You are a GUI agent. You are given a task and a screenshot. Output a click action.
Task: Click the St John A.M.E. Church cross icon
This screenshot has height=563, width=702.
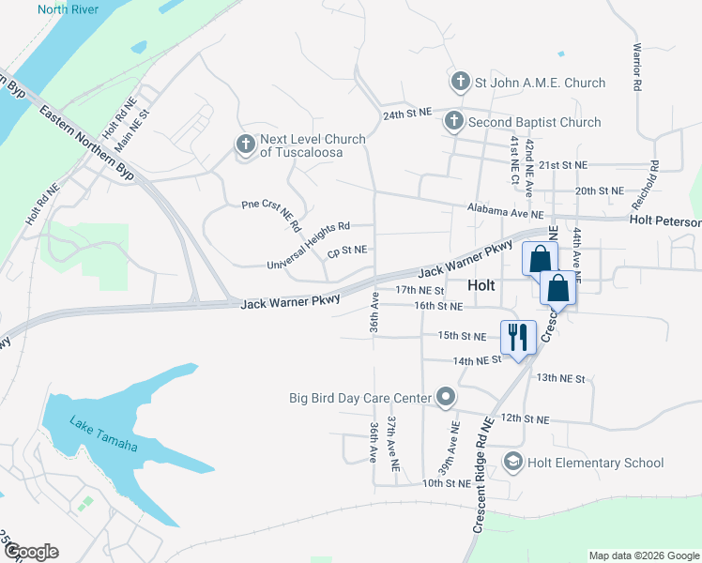coord(460,83)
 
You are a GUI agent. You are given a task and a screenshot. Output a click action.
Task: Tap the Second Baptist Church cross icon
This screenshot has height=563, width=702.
coord(453,121)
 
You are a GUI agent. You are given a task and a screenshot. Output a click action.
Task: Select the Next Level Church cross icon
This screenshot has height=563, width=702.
coord(245,145)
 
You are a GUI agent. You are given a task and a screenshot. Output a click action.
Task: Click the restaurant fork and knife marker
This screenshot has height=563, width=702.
coord(519,336)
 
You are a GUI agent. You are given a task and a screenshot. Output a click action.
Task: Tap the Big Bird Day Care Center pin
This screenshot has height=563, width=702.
coord(445,398)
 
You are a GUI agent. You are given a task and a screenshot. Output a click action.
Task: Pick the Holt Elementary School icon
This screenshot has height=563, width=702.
coord(512,462)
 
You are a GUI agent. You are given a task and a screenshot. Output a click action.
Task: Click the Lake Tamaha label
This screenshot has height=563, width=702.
coord(103,434)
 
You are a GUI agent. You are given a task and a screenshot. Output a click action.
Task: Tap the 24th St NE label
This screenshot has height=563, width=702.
coord(406,112)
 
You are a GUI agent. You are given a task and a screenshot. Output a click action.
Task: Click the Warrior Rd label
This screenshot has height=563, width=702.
coord(636,66)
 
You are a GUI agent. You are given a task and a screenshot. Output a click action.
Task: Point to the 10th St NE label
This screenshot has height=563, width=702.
coord(446,483)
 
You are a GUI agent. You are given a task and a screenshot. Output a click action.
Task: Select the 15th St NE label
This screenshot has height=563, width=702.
coord(463,335)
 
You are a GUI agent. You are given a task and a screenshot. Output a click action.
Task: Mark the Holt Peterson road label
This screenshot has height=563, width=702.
coord(665,221)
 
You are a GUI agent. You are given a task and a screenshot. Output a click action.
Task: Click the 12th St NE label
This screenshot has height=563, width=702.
coord(525,418)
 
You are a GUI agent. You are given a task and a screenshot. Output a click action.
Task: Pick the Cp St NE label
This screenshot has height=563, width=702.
coord(346,251)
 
